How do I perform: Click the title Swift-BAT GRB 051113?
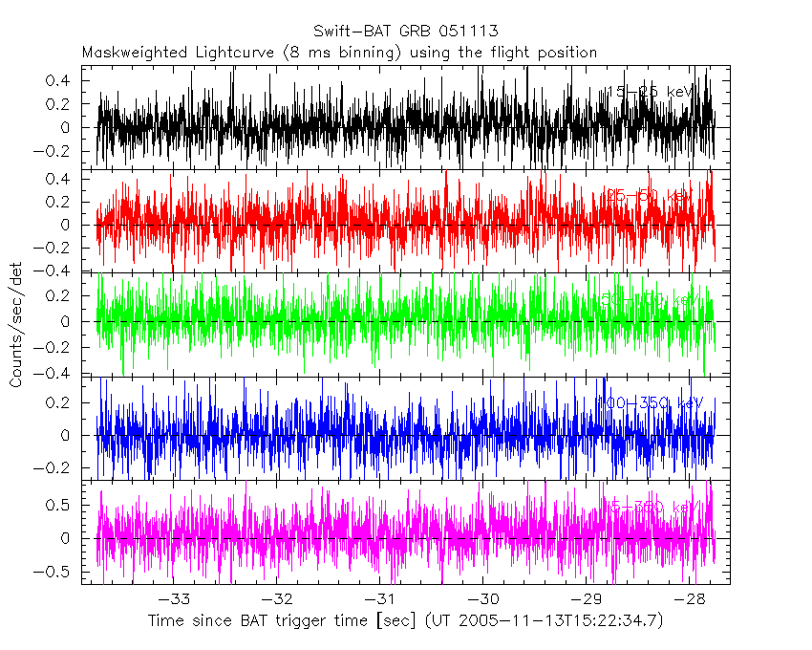pyautogui.click(x=405, y=32)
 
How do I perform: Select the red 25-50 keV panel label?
pyautogui.click(x=649, y=196)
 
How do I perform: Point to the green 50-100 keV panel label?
pyautogui.click(x=649, y=299)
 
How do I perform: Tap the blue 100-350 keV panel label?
pyautogui.click(x=649, y=403)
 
